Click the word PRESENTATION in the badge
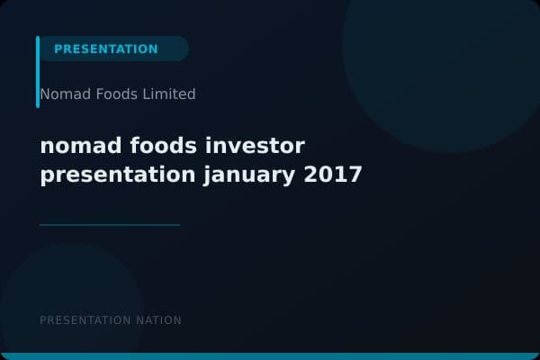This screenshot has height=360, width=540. [x=106, y=49]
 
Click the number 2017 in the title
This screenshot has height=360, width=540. [x=333, y=174]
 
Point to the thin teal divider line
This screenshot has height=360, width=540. [x=110, y=225]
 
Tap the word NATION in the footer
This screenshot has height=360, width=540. [x=158, y=320]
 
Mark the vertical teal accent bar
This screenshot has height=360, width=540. [x=38, y=72]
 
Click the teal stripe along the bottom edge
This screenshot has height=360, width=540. [x=270, y=356]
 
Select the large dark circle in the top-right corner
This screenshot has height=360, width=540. [x=441, y=54]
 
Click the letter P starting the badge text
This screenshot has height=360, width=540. [x=58, y=49]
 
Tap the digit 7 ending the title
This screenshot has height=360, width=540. [x=355, y=174]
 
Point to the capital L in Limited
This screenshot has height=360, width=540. [x=147, y=94]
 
